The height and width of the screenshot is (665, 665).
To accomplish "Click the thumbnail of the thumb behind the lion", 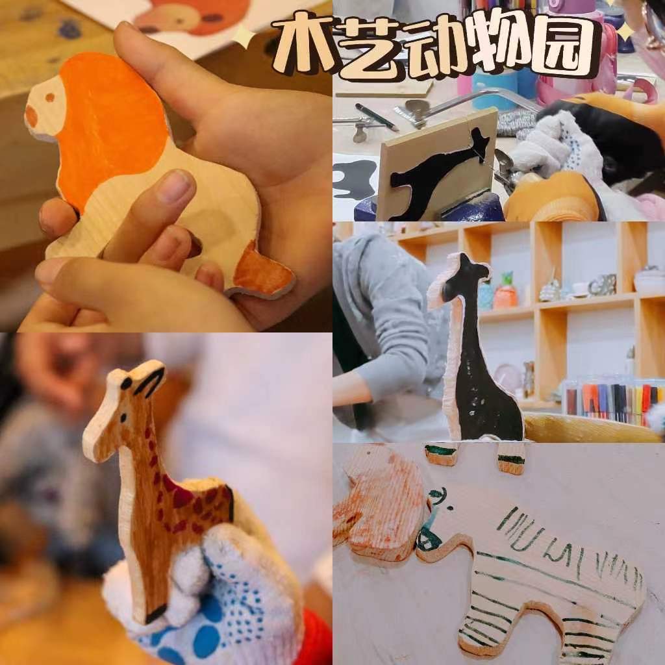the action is (x=178, y=186).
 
